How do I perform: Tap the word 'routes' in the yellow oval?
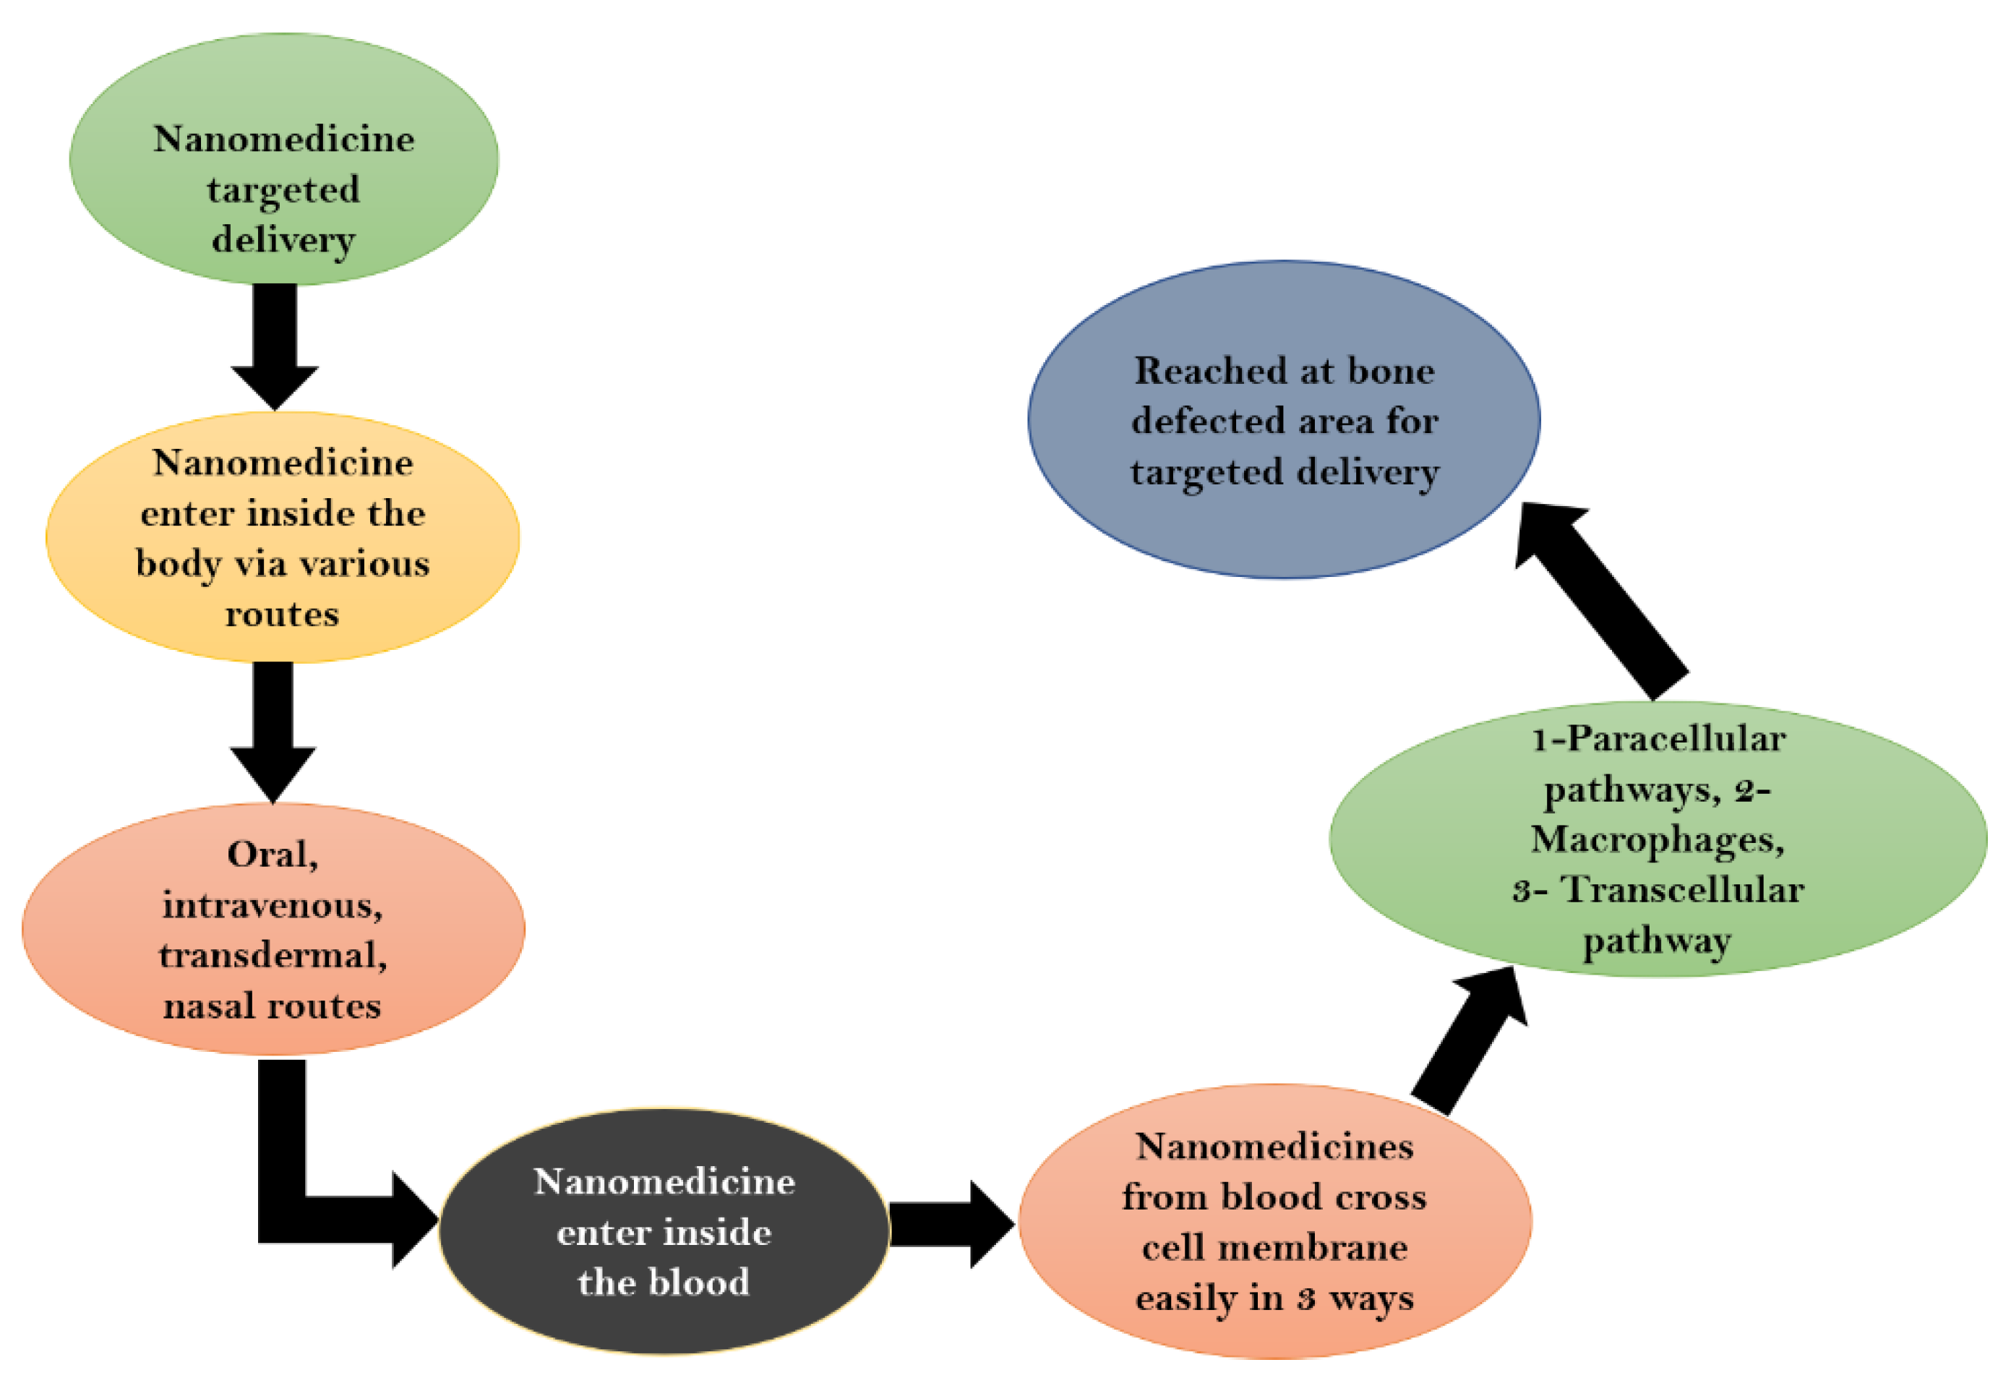coord(282,615)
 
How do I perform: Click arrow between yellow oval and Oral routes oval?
coord(273,732)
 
